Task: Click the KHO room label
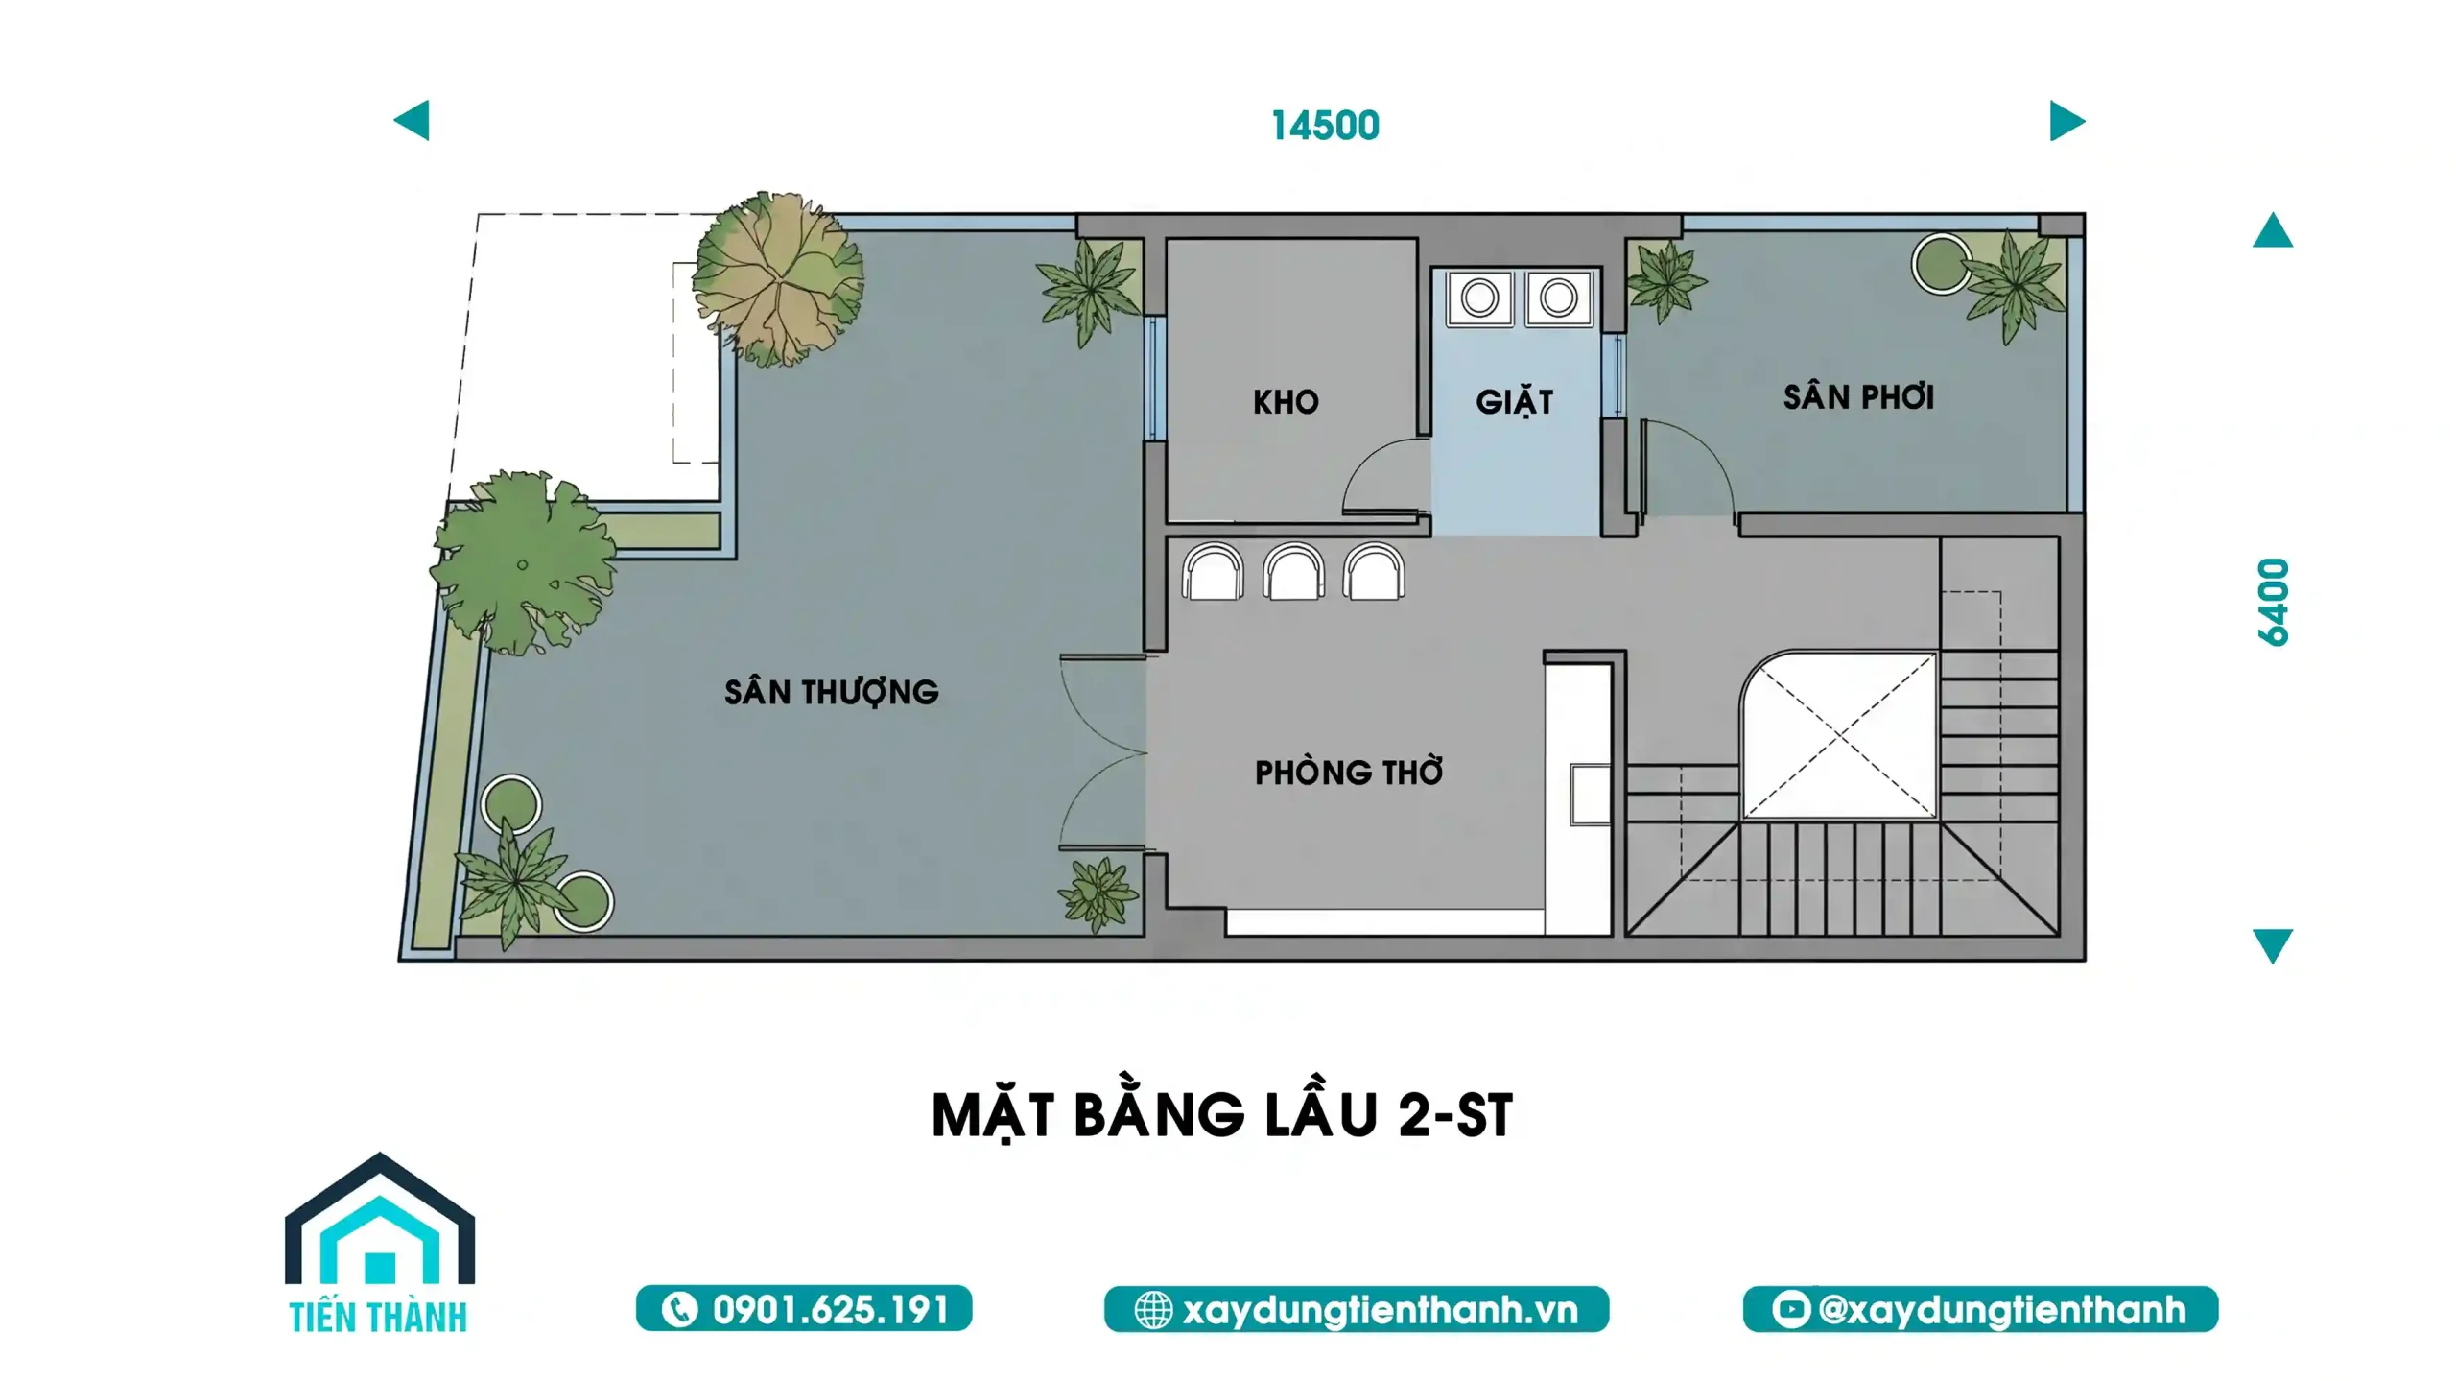point(1286,402)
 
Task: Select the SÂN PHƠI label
point(1858,395)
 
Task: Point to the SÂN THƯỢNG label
point(831,693)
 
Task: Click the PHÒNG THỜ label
point(1349,772)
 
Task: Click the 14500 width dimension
point(1325,126)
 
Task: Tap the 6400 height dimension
point(2273,602)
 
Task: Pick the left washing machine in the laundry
point(1479,298)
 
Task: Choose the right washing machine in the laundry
point(1559,298)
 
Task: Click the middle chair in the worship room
point(1293,572)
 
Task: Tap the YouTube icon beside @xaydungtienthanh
point(1790,1309)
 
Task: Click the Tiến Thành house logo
point(380,1243)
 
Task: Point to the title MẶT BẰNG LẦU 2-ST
point(1222,1114)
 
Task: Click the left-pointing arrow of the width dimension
point(412,121)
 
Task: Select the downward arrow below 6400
point(2273,945)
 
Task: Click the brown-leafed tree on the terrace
point(778,278)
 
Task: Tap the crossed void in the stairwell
point(1839,736)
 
